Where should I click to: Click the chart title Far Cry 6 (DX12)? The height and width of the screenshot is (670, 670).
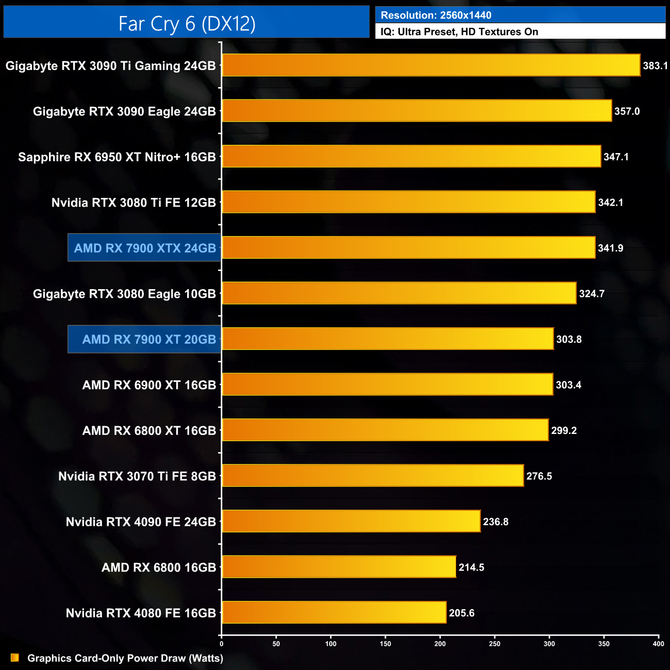[x=187, y=23]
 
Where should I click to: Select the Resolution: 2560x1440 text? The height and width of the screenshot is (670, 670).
[x=436, y=15]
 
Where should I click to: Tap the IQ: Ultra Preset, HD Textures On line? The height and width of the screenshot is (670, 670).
[x=459, y=31]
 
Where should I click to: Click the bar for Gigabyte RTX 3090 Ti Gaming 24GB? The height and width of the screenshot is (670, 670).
[x=431, y=65]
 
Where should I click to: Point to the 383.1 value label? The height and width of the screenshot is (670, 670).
[x=655, y=66]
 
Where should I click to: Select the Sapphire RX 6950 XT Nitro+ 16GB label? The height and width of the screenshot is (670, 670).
[x=117, y=157]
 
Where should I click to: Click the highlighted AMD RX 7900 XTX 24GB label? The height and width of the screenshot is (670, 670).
[x=145, y=248]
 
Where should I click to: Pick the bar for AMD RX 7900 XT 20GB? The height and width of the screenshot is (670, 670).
[x=388, y=339]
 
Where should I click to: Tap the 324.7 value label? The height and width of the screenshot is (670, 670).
[x=592, y=294]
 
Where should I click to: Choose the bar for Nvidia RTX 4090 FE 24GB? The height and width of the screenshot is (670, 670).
[x=351, y=522]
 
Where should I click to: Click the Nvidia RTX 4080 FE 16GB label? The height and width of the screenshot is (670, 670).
[x=141, y=613]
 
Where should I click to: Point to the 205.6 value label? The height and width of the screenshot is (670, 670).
[x=461, y=613]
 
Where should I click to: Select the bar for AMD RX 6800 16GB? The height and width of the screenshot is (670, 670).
[x=339, y=567]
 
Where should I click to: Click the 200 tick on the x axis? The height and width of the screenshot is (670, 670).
[x=440, y=644]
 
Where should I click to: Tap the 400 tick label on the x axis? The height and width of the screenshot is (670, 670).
[x=658, y=644]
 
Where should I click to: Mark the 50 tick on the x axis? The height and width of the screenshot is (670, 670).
[x=276, y=644]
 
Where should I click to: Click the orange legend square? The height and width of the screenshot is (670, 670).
[x=15, y=658]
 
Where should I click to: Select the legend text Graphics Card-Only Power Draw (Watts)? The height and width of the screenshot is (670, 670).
[x=125, y=658]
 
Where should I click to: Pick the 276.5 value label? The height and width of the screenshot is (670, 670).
[x=539, y=476]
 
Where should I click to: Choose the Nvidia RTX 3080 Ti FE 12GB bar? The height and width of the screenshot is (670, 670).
[x=409, y=202]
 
